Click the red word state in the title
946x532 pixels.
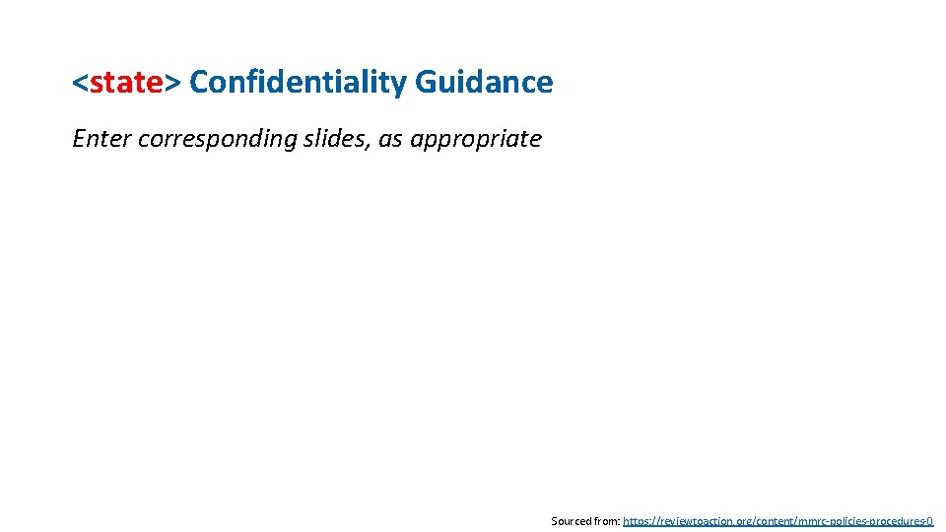coord(126,83)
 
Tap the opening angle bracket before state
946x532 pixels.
coord(80,84)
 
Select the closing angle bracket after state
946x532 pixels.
coord(172,84)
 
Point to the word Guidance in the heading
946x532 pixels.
coord(484,83)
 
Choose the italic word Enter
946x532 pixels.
coord(101,139)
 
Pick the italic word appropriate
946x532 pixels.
coord(476,139)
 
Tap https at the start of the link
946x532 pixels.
coord(638,520)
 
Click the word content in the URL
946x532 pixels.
coord(772,520)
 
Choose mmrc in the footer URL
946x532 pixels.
coord(809,520)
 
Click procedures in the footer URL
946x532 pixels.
coord(897,520)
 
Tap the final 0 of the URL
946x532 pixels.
coord(929,520)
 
